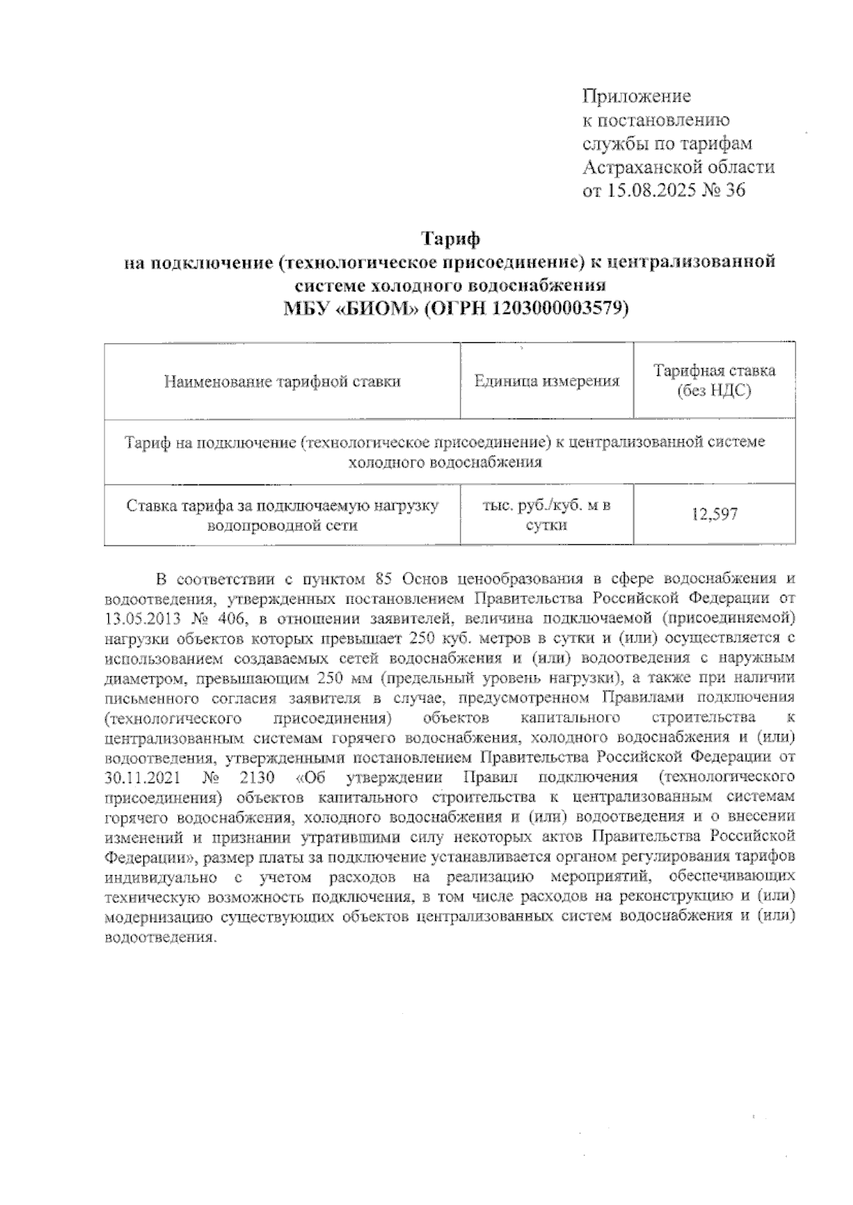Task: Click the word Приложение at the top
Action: pos(636,96)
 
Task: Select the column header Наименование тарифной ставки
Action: pos(282,382)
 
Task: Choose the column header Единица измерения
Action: pos(547,382)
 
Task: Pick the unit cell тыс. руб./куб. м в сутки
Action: pos(546,515)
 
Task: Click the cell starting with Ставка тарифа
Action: pos(282,515)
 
